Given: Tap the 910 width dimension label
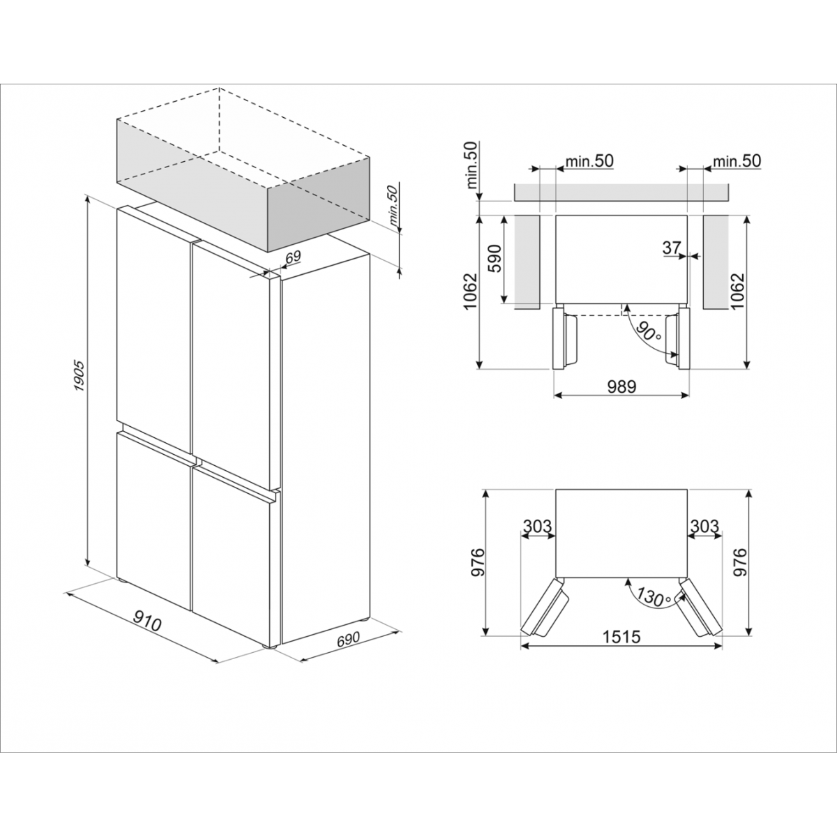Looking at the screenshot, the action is [146, 620].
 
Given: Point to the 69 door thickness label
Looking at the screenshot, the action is [293, 257].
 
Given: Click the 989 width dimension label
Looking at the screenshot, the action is [621, 386].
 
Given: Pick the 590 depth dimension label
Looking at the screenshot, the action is [495, 259].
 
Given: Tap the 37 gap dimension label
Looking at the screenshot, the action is [672, 248].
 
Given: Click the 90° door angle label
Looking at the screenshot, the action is [647, 331].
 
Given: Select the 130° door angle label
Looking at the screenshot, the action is [654, 597].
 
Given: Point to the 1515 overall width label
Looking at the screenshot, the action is [621, 637].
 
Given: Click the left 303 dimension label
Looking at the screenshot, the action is [537, 526].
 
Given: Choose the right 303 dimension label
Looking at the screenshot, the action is [704, 526].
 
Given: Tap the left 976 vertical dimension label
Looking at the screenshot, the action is [477, 562].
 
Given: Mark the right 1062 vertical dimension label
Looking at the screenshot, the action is [737, 291].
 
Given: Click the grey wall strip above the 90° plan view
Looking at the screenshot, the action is [621, 193].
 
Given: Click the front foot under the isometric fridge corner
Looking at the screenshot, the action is [272, 647].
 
